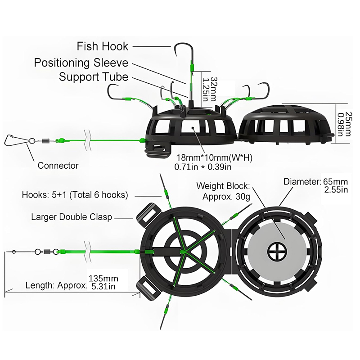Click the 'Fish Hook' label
point(103,46)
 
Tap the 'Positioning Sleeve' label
point(81,63)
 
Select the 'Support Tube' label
point(94,77)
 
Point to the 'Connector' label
point(58,166)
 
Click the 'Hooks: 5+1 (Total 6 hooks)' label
point(75,195)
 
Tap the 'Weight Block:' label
point(225,186)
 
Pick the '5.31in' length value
point(104,286)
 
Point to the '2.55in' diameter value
point(336,190)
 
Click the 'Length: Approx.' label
point(55,285)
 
